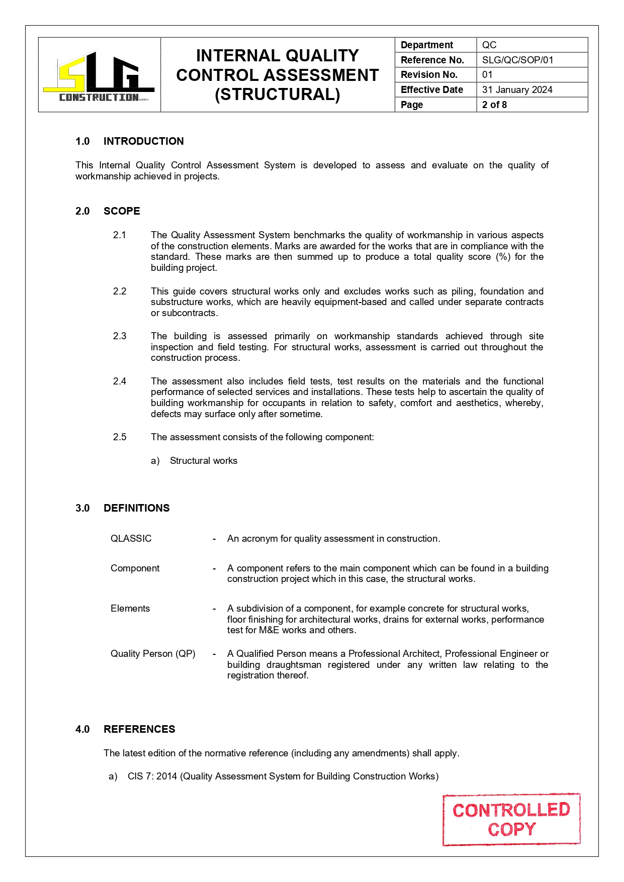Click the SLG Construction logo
coord(99,75)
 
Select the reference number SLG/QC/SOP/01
coord(517,60)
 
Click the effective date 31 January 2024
coord(517,90)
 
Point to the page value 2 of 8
coord(494,105)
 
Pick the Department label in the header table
coord(426,45)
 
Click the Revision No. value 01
coord(487,75)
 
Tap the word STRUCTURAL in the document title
coord(278,94)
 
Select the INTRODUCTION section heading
coord(143,141)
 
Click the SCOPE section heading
coord(122,211)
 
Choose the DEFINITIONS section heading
coord(136,508)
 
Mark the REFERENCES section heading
coord(139,729)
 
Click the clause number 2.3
coord(120,336)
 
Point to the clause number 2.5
coord(120,437)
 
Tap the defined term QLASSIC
coord(131,539)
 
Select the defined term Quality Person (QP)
coord(153,654)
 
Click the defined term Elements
coord(130,609)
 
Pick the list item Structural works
coord(203,461)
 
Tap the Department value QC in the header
coord(489,45)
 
